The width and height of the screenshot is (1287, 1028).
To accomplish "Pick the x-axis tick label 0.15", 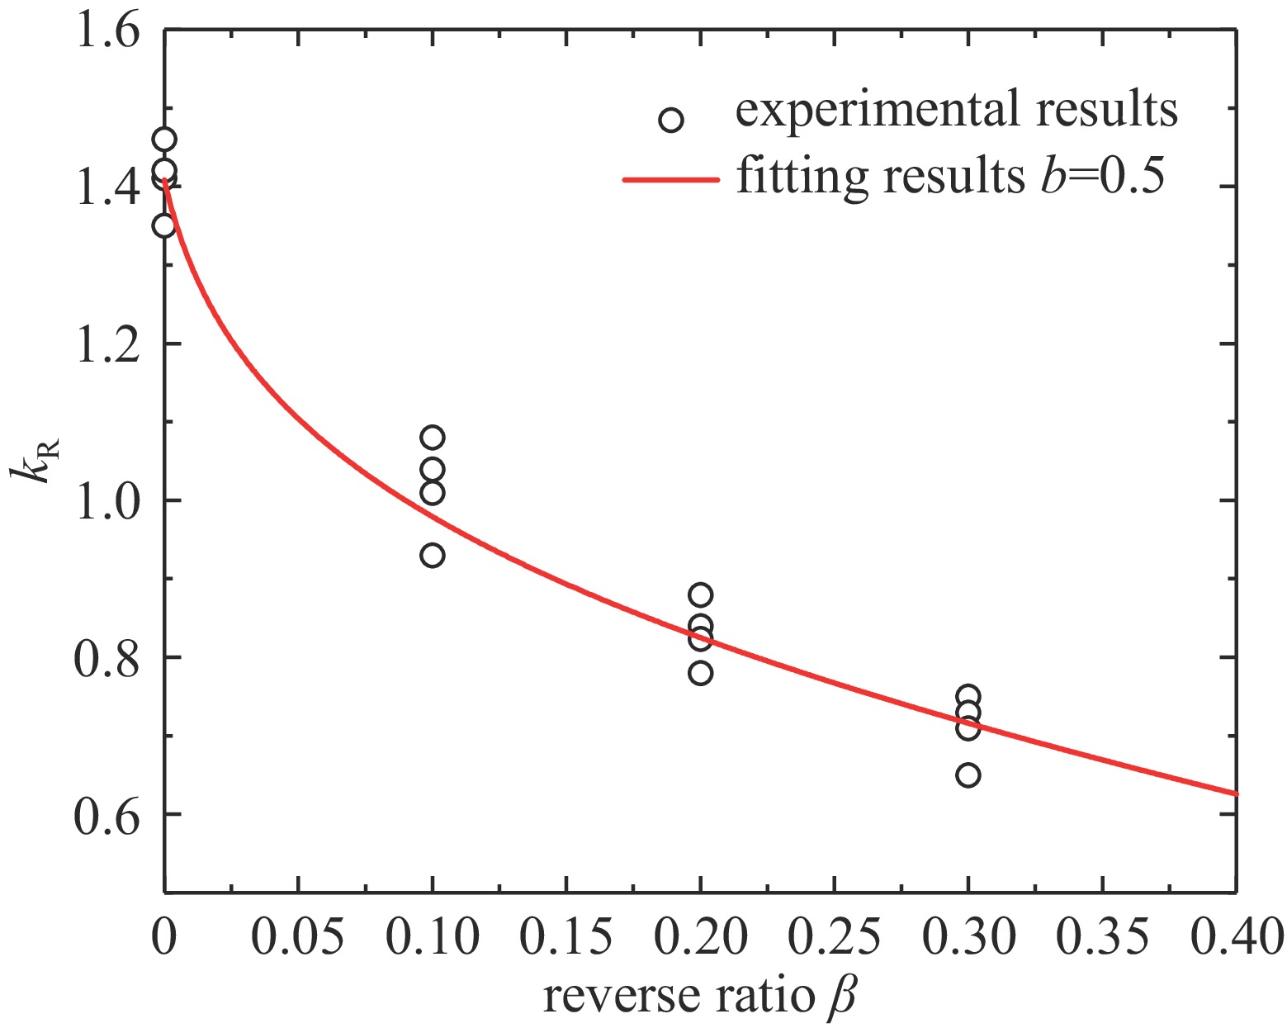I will click(565, 938).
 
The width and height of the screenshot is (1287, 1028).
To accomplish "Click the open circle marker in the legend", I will click(671, 121).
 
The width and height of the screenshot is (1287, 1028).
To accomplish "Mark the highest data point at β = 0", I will click(164, 139).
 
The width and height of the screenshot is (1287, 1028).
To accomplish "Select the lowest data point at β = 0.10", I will click(432, 556).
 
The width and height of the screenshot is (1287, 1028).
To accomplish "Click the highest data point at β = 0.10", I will click(432, 437).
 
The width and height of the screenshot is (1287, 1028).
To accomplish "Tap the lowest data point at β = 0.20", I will click(700, 673).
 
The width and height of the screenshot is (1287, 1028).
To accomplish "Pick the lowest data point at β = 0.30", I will click(968, 775).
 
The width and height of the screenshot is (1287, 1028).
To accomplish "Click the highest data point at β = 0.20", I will click(700, 595).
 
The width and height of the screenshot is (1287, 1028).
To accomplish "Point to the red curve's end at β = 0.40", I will click(1235, 794).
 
